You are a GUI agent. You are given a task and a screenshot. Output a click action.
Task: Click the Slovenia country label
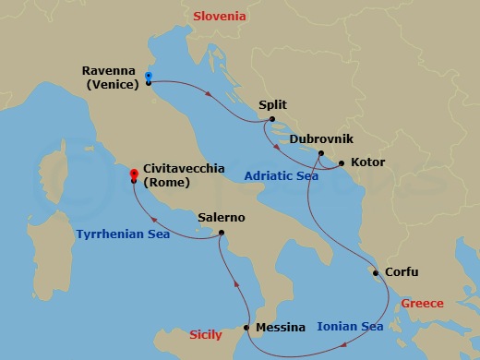(219, 17)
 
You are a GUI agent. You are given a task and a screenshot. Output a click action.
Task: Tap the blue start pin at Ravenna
(149, 77)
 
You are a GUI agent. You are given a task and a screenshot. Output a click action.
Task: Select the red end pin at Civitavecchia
(134, 173)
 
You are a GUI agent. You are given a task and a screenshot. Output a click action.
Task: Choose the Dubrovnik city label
(319, 138)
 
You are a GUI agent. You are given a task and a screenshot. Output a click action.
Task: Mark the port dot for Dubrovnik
(320, 153)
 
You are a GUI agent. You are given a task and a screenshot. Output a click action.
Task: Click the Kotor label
(367, 163)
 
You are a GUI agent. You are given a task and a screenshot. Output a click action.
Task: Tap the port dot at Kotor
(342, 163)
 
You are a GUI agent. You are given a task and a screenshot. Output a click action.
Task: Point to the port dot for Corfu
(375, 272)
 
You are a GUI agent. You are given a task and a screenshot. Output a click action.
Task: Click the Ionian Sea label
(350, 326)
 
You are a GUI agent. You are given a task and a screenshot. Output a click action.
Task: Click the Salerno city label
(222, 218)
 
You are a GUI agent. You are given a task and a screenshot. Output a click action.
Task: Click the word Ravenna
(108, 70)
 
